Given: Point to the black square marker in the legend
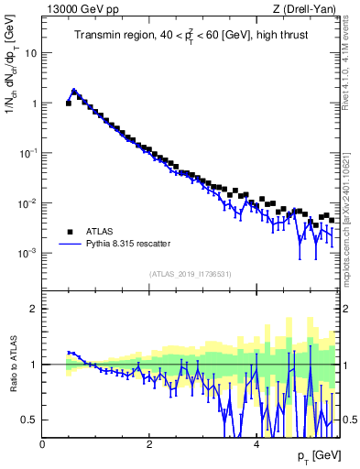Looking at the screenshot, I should tap(69, 231).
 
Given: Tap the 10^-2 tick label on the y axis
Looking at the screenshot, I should tap(27, 202).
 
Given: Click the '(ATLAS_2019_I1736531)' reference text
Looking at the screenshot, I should tap(191, 274).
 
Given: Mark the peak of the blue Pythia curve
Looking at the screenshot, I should tap(74, 91).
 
